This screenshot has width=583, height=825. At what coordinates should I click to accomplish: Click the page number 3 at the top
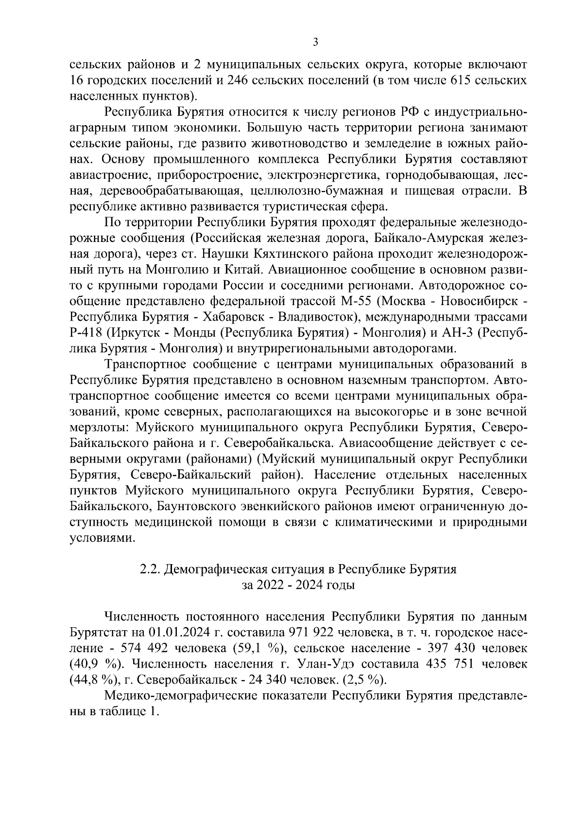315,42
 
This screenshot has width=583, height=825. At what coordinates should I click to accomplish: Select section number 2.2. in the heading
151,569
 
